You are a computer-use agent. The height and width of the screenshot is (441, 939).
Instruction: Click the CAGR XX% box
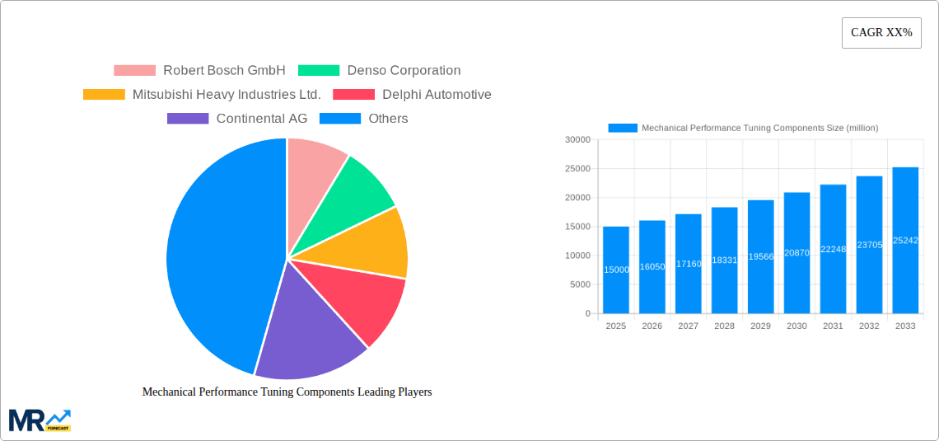click(881, 33)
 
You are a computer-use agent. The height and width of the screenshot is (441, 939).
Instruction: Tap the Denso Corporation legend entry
click(380, 71)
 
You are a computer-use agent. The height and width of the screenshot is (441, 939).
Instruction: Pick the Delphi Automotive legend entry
click(412, 95)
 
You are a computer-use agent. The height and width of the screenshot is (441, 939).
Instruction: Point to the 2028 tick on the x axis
click(724, 326)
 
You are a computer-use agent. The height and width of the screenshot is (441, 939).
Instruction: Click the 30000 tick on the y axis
click(577, 140)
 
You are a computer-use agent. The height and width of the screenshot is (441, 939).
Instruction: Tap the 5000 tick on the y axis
click(580, 284)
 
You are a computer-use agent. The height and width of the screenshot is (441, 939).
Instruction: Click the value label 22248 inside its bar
click(833, 249)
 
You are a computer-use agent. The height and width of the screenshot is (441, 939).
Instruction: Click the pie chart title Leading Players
click(287, 392)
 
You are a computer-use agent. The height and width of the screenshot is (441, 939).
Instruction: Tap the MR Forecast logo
click(40, 420)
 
